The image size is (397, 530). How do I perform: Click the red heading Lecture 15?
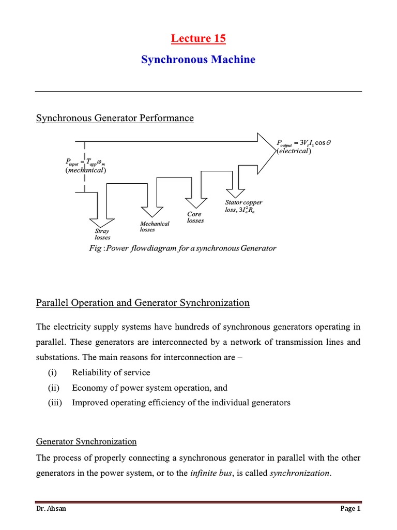(x=198, y=38)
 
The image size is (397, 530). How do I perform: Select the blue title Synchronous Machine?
(x=198, y=60)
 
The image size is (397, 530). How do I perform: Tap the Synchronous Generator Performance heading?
(x=115, y=118)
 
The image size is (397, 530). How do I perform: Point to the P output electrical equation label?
(x=303, y=146)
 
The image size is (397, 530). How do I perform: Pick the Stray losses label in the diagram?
(x=102, y=234)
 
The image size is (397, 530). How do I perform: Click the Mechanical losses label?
(x=155, y=226)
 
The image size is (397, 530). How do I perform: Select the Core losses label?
(x=195, y=217)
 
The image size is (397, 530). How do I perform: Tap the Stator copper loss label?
(x=243, y=207)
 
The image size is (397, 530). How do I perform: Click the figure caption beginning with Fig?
(x=182, y=248)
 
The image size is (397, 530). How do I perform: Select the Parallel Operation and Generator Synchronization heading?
(x=143, y=303)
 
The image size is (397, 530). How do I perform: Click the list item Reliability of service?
(x=111, y=373)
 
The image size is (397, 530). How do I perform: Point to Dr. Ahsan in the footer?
(x=51, y=509)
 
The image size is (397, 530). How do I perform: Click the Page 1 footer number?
(x=350, y=509)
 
